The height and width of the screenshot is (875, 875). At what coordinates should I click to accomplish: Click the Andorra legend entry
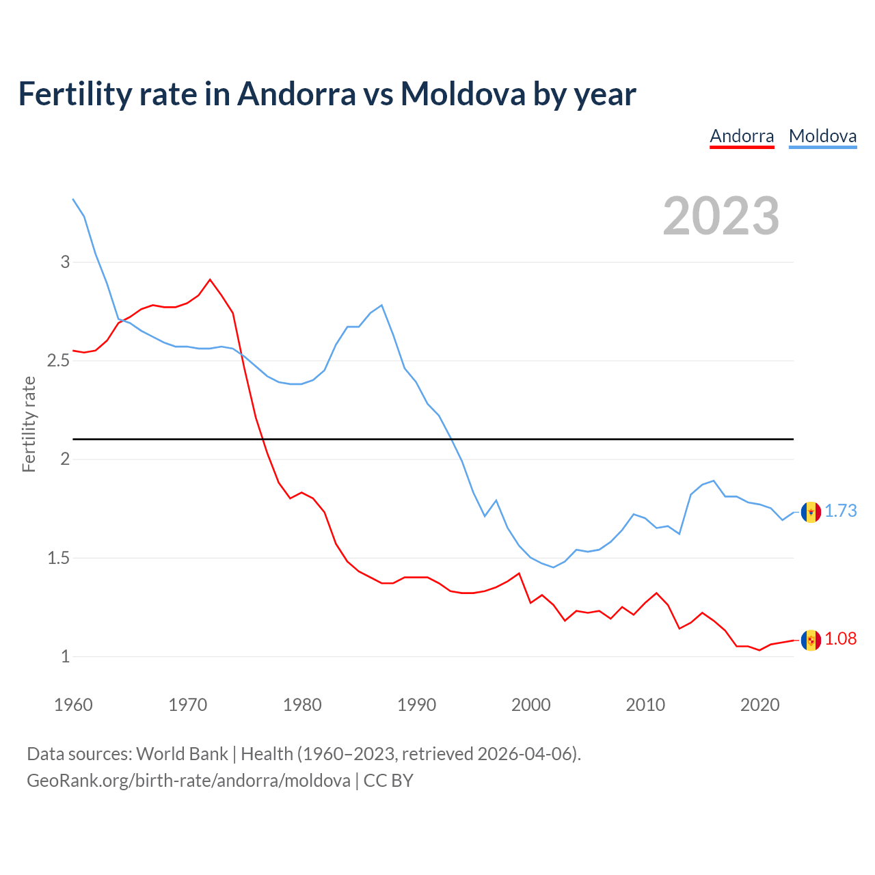[742, 136]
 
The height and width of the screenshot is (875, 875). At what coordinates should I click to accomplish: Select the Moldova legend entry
[822, 136]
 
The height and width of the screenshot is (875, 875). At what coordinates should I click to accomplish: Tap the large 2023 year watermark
[721, 216]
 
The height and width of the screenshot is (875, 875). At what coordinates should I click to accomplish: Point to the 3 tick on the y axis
[66, 262]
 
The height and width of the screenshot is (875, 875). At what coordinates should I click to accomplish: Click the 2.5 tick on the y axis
[59, 360]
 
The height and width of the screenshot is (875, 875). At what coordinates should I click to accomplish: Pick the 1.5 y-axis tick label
[59, 558]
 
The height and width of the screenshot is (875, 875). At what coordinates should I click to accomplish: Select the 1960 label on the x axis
[73, 705]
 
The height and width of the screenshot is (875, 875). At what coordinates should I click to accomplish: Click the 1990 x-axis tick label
[416, 705]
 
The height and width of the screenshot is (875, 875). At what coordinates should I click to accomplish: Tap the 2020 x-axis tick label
[759, 705]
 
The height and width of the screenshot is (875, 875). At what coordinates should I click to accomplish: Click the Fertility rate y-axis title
[29, 424]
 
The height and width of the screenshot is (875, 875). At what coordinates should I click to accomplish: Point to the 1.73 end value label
[840, 511]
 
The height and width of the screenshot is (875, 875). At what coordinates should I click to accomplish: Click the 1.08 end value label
[840, 638]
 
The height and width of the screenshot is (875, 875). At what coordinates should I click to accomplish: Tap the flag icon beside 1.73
[811, 511]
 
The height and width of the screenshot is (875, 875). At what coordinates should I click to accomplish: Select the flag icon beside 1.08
[811, 640]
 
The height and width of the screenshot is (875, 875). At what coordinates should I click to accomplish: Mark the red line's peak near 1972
[210, 279]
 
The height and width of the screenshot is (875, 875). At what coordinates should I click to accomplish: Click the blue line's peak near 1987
[381, 306]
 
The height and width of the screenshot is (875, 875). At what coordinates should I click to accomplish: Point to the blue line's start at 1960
[73, 199]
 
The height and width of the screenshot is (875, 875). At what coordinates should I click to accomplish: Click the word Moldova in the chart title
[463, 94]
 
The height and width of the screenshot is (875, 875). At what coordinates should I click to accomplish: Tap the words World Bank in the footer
[182, 754]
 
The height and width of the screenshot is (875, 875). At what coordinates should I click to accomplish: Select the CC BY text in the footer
[388, 781]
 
